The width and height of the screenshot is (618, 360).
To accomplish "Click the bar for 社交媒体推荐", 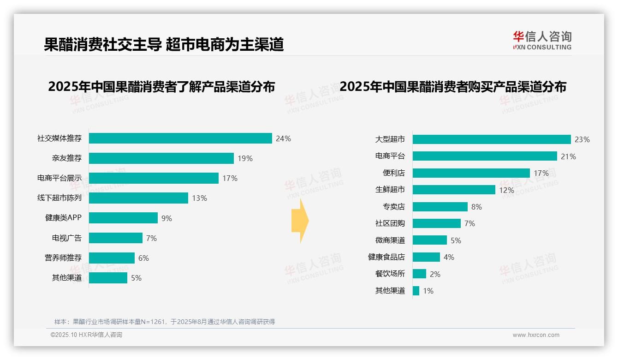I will (x=180, y=138).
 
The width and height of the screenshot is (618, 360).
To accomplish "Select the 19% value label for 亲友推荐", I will (x=245, y=158).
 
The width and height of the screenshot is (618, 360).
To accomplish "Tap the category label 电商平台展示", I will (x=59, y=178).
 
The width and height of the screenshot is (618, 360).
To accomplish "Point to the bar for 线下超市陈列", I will (x=138, y=198).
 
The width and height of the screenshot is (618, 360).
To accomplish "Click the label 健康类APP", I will (x=63, y=218).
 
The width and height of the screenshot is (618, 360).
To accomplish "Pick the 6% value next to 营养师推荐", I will (x=143, y=258).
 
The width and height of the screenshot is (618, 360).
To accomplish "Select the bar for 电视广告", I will (x=116, y=238).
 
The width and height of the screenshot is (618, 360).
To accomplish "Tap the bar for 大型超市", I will (x=492, y=139).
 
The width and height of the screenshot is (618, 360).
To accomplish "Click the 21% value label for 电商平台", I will (x=568, y=156).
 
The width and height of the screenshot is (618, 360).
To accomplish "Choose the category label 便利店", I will (x=394, y=173).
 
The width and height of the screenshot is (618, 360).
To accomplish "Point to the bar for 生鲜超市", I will (x=454, y=190).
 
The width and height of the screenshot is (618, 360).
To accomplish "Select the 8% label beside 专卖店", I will (x=476, y=207).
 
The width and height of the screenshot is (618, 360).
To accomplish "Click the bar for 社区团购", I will (x=436, y=223).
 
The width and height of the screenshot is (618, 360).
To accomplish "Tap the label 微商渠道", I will (x=390, y=240).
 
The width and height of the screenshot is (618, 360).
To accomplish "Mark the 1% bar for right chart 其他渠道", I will (x=416, y=291).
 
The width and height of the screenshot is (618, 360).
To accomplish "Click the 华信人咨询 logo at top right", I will (x=542, y=40).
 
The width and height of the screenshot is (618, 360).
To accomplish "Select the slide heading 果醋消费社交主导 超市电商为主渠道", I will (x=164, y=44).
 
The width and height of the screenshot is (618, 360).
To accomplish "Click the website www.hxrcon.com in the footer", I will (x=536, y=335).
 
